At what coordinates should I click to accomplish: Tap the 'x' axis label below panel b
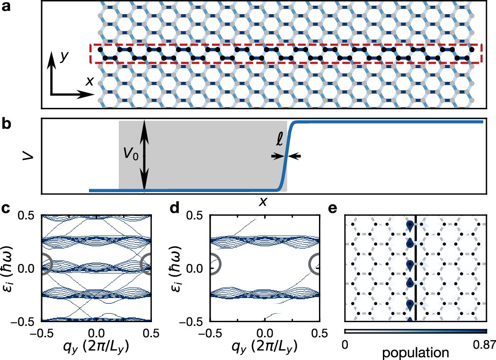coord(263,202)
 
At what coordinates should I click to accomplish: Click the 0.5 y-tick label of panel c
coord(27,216)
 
